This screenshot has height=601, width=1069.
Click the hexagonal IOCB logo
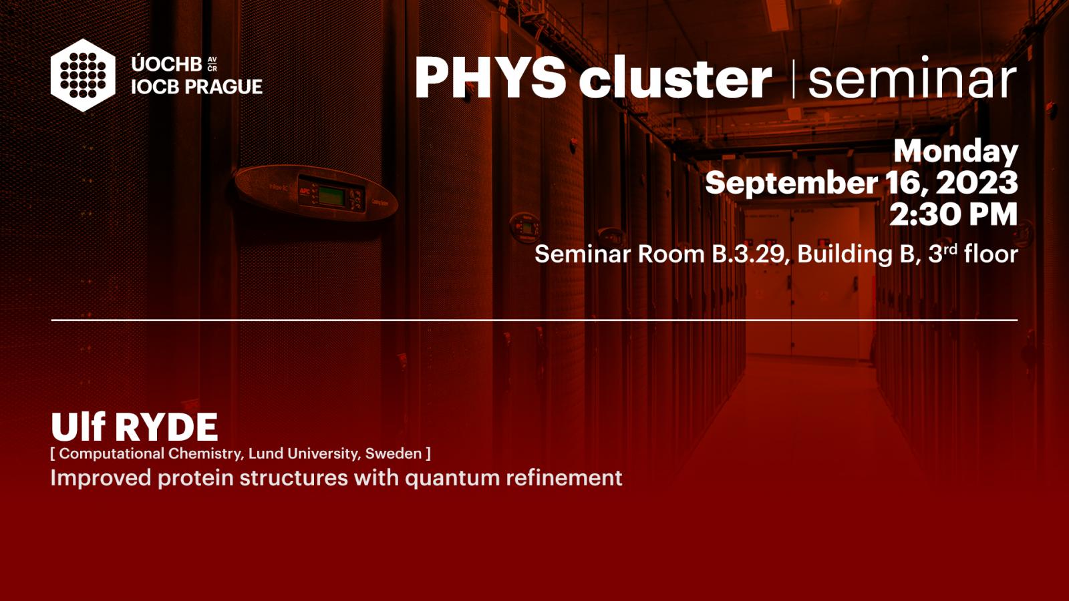click(x=83, y=75)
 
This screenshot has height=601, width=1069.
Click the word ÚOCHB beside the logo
click(x=166, y=63)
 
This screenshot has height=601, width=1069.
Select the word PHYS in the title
click(x=490, y=77)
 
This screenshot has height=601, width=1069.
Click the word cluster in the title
click(x=675, y=78)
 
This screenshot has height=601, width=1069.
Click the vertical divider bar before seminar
click(x=793, y=79)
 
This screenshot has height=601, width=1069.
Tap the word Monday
click(x=956, y=152)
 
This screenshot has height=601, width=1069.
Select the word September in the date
click(x=791, y=183)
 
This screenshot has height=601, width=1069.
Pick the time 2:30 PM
click(x=953, y=214)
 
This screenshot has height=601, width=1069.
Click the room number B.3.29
click(x=748, y=254)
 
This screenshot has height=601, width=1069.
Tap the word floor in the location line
click(x=991, y=253)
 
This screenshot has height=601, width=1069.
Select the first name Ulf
click(x=78, y=427)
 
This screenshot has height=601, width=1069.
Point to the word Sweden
click(x=394, y=453)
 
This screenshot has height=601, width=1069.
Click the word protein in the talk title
click(x=196, y=479)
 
